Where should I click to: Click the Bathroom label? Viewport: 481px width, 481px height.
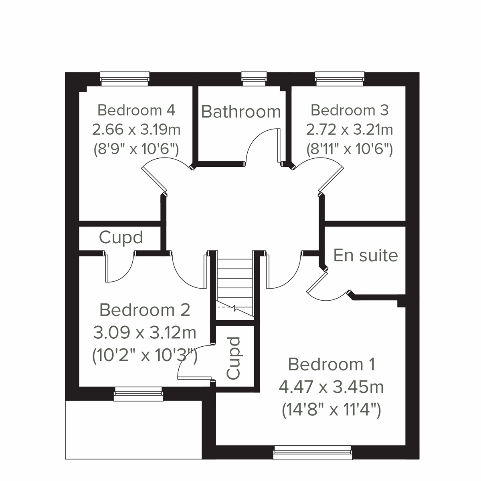click(240, 111)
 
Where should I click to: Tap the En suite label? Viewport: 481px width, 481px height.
click(365, 255)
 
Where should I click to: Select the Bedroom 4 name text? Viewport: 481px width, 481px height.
click(136, 110)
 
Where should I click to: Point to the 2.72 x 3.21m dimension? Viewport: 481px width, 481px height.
click(350, 129)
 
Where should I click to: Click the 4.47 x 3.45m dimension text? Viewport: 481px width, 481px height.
click(331, 387)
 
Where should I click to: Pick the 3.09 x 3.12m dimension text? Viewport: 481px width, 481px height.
click(145, 332)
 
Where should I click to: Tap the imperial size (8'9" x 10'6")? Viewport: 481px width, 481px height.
click(136, 150)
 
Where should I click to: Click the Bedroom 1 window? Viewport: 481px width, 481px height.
click(313, 454)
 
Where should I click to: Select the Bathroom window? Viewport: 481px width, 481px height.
click(254, 78)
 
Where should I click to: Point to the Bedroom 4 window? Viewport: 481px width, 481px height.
click(125, 78)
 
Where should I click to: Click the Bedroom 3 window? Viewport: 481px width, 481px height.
click(340, 78)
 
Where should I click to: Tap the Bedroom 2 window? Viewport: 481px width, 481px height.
click(138, 394)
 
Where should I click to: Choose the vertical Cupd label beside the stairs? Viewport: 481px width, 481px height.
click(233, 358)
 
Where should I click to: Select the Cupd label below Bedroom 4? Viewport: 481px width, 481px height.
click(121, 238)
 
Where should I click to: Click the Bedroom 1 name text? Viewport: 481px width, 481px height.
click(331, 364)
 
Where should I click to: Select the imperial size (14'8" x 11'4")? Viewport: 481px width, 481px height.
click(331, 410)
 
